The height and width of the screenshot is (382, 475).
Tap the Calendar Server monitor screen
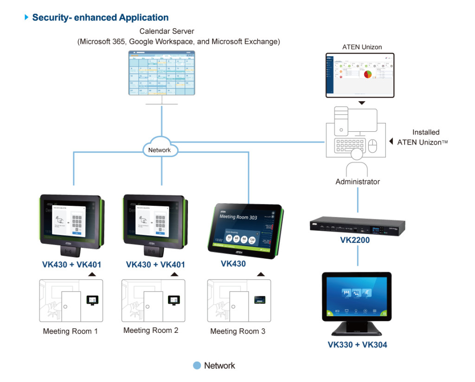[x=162, y=73]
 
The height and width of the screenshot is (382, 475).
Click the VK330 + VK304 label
[x=357, y=344]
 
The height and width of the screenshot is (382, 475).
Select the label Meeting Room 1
[x=71, y=331]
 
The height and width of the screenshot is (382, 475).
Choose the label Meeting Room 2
[x=151, y=331]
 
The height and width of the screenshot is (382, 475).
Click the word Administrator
[x=358, y=182]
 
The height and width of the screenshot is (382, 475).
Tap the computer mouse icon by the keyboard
[x=372, y=146]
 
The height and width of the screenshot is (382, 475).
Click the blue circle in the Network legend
[x=197, y=366]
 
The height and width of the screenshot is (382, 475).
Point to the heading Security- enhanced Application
[x=100, y=18]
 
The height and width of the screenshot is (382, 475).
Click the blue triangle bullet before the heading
[x=26, y=18]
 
